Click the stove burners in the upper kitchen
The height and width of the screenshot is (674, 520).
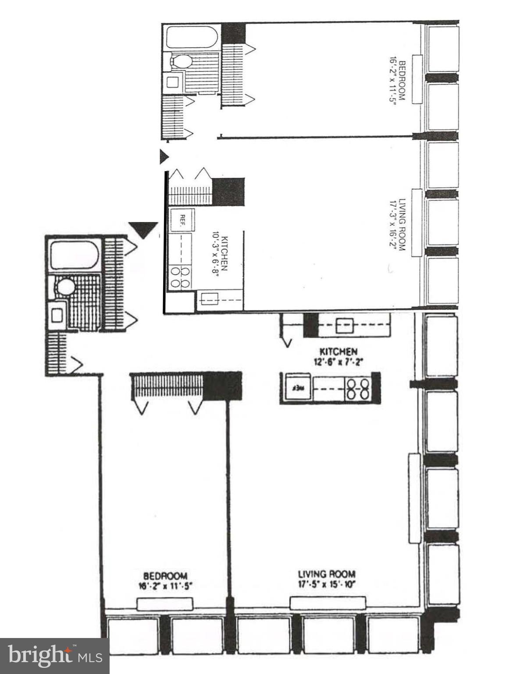click(180, 278)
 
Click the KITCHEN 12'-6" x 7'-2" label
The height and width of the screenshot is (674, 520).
click(338, 357)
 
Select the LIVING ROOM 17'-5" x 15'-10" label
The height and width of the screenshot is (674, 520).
click(327, 579)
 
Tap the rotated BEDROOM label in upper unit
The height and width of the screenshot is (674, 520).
click(397, 80)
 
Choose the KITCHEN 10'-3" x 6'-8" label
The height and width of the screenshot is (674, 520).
click(220, 254)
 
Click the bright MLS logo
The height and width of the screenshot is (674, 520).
click(54, 656)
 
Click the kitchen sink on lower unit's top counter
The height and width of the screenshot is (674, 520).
click(344, 326)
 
